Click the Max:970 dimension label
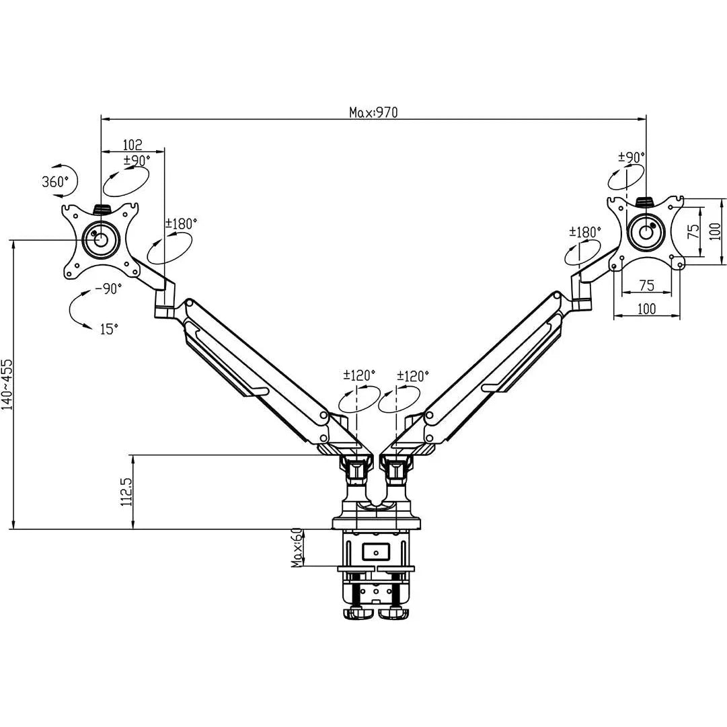tap(373, 112)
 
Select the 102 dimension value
tap(132, 145)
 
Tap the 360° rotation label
tap(55, 182)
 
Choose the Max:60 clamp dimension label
tap(297, 547)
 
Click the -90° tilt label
tap(108, 289)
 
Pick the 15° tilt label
tap(109, 329)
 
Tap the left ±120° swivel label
tap(359, 375)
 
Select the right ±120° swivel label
tap(413, 375)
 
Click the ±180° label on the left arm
tap(181, 224)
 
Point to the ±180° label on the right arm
tap(584, 232)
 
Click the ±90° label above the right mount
tap(632, 157)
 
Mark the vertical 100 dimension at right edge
tap(716, 231)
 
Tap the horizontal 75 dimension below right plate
tap(646, 285)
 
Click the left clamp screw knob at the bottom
tap(358, 613)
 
